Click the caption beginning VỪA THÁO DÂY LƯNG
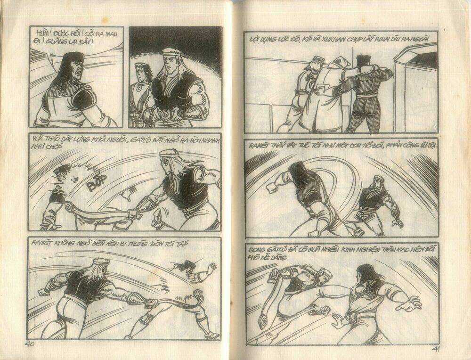click(122, 141)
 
